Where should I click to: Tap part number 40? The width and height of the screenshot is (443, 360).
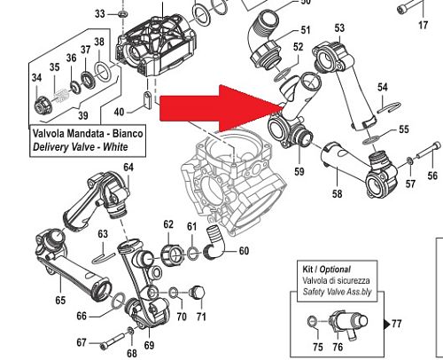119,112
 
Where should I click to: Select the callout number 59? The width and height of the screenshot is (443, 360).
299,171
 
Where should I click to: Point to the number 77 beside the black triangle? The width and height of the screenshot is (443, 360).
397,324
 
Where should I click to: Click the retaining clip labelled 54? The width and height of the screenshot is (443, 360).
389,107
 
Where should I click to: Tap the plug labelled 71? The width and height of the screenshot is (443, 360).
198,293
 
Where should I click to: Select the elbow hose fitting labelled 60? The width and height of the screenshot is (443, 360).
215,243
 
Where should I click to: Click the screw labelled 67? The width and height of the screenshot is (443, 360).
112,341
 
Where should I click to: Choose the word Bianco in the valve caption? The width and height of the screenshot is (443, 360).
128,133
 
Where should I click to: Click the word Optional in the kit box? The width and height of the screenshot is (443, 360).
335,270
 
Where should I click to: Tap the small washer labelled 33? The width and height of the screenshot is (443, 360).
122,13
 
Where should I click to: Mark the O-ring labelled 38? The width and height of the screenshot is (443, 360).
103,71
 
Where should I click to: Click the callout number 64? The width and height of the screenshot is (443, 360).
128,168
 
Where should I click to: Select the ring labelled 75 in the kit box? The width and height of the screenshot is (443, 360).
312,321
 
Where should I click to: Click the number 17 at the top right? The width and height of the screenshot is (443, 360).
424,25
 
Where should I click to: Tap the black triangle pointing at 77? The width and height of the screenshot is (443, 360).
386,325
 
